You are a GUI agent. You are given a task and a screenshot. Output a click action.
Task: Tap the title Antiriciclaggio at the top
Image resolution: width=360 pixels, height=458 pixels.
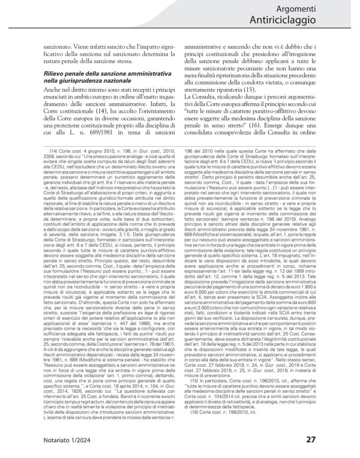pos(283,21)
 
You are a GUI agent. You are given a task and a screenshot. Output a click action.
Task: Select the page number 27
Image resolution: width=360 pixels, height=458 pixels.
pos(310,439)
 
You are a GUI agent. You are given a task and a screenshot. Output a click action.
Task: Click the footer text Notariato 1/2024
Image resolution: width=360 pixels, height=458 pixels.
pos(67,440)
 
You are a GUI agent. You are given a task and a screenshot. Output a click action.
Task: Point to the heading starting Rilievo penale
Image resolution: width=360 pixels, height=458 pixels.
pos(102,73)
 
